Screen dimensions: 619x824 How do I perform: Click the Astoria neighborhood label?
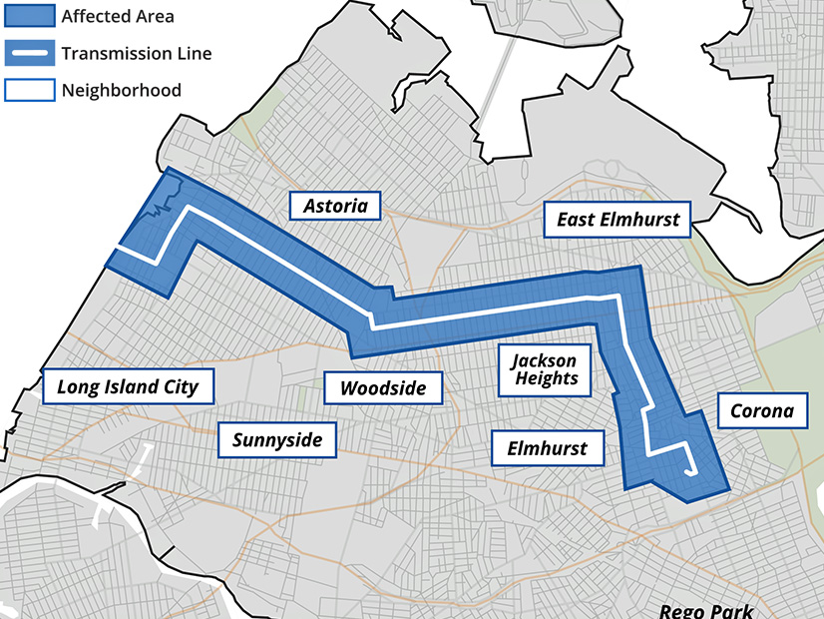(334, 207)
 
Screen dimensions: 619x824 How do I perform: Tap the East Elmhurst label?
(618, 220)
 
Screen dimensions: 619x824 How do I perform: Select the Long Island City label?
(128, 386)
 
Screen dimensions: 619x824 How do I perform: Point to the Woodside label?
(384, 387)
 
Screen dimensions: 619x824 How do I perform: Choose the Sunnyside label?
(277, 438)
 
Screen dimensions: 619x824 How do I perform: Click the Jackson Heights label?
(543, 368)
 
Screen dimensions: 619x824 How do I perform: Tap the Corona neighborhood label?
(762, 410)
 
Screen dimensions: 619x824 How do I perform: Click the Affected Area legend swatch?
(30, 17)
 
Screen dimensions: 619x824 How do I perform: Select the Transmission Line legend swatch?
(30, 53)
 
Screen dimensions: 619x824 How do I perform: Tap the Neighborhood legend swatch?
(30, 90)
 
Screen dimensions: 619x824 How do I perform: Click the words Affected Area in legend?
(118, 17)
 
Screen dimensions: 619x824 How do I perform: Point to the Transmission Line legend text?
(136, 53)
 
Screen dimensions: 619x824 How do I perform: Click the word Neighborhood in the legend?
(121, 90)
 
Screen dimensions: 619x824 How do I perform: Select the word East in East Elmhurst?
(576, 220)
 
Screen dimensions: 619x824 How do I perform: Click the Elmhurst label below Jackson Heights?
(548, 448)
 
